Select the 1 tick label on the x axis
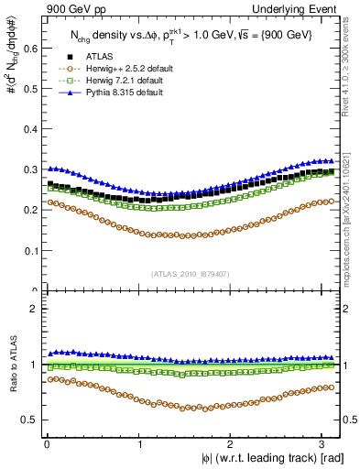tap(138, 445)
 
